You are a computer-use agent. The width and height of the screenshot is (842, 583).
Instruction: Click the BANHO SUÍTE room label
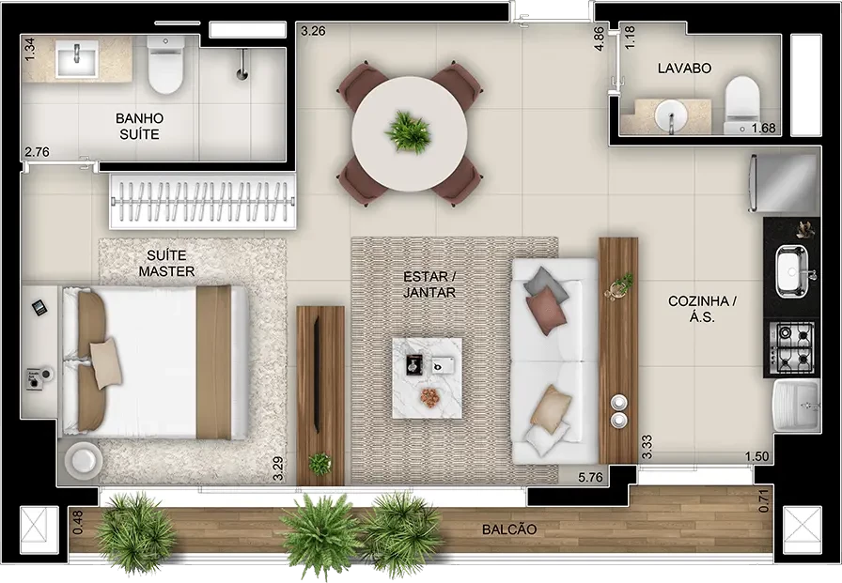click(140, 126)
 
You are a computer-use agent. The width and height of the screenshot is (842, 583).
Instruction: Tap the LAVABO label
click(685, 69)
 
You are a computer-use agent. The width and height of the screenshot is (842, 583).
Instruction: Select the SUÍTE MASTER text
click(166, 264)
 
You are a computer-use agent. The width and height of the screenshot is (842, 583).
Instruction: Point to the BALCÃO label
click(509, 529)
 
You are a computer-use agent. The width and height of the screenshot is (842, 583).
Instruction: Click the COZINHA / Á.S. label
click(702, 309)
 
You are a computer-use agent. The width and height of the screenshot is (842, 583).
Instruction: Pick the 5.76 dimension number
click(591, 477)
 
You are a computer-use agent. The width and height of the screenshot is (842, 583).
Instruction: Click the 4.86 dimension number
click(600, 38)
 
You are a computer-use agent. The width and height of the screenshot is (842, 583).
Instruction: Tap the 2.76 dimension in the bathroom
click(37, 152)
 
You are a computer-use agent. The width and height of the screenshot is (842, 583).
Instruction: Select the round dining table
click(410, 134)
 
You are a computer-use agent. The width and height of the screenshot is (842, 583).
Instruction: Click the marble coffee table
click(427, 377)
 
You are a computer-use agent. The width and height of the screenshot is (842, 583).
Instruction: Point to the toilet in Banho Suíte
click(165, 65)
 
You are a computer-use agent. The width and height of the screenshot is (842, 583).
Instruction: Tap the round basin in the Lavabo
click(670, 115)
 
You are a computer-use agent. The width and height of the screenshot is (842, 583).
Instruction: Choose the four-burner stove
click(791, 347)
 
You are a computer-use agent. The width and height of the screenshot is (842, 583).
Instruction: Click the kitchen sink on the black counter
click(792, 271)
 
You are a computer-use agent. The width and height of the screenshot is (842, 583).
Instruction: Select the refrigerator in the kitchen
click(784, 183)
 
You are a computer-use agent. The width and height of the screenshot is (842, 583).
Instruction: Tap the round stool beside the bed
click(84, 460)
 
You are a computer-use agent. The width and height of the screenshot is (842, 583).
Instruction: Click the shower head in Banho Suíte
click(242, 65)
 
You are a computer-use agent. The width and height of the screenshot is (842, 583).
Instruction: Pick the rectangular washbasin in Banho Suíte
click(77, 59)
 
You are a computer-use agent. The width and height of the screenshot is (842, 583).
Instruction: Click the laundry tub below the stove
click(796, 406)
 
